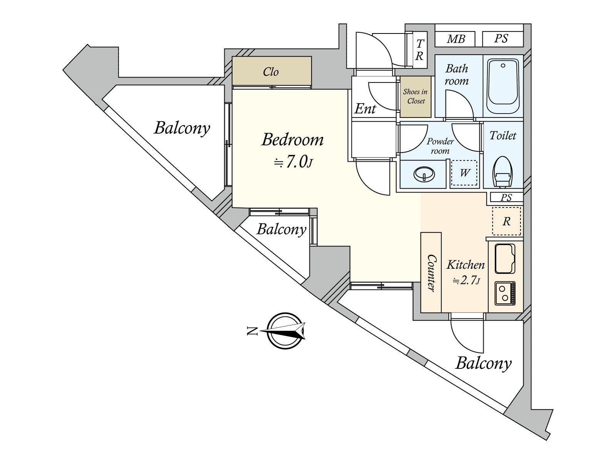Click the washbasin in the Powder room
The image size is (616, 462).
click(424, 174)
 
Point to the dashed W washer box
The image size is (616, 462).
click(464, 173)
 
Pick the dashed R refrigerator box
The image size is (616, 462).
click(506, 221)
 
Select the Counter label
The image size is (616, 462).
click(431, 273)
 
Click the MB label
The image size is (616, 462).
click(456, 39)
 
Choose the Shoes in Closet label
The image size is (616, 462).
click(415, 97)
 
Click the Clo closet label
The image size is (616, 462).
click(271, 72)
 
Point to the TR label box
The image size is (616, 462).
click(419, 50)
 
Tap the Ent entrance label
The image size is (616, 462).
click(365, 109)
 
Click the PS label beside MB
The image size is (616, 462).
click(501, 39)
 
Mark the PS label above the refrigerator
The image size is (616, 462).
click(506, 198)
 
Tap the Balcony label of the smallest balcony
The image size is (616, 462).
click(281, 229)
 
